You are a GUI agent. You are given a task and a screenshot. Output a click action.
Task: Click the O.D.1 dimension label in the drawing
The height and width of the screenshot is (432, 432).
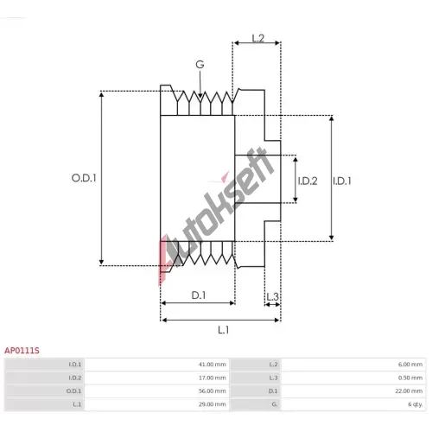point(84,178)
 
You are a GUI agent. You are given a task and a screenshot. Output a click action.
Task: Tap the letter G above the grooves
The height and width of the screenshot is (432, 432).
point(200,64)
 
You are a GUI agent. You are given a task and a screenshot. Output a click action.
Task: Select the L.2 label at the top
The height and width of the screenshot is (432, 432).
point(257,38)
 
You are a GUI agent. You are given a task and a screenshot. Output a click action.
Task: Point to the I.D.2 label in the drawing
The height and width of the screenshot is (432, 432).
point(308,181)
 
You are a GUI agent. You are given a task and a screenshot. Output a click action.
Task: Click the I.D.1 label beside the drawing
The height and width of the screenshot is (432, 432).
point(342,181)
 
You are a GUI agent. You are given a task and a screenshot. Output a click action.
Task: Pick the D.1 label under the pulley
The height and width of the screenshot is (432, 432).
point(199,295)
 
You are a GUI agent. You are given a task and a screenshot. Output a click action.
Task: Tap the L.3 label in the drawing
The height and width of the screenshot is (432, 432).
point(272,296)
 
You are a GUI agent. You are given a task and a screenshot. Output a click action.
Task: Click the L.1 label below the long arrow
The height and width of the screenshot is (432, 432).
point(224,330)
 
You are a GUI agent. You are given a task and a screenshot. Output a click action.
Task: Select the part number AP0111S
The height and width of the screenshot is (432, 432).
point(22,351)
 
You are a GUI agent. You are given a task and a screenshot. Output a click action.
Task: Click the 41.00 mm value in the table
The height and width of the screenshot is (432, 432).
point(212,365)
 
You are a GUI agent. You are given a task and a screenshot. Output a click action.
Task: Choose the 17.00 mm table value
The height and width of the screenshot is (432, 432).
point(212,378)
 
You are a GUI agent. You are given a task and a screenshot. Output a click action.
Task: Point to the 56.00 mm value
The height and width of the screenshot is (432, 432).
point(212,391)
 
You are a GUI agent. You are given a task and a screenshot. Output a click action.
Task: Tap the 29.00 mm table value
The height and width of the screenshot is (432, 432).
point(212,404)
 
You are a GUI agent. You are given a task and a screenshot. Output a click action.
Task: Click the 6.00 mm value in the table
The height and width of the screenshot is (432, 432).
point(410,365)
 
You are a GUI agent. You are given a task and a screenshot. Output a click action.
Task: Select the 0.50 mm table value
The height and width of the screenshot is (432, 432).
point(410,378)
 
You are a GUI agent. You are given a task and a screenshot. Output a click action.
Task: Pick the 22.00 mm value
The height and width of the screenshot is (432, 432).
point(409,391)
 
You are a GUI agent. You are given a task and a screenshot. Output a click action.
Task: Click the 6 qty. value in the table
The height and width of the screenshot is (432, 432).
point(416,404)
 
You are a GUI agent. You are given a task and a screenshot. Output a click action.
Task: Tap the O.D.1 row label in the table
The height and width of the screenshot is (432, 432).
point(73,391)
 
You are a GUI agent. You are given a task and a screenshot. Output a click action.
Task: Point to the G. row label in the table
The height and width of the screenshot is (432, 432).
point(275,404)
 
